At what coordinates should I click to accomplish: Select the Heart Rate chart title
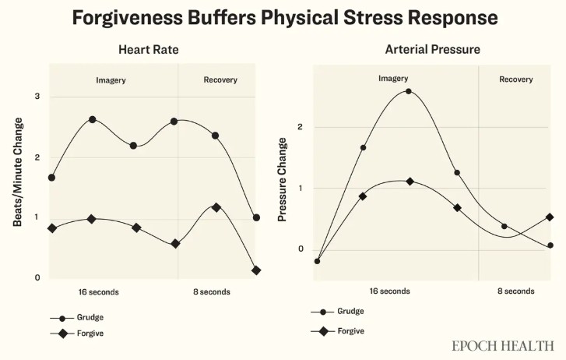coord(149,50)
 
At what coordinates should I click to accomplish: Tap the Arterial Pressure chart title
coord(432,50)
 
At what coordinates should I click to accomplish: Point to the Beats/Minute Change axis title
coord(18,171)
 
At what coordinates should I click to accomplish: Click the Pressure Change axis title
coord(283,179)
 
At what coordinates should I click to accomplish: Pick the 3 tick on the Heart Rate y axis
coord(36,97)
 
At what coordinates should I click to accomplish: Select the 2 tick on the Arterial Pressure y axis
coord(301,127)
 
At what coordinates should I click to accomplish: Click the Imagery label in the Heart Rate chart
coord(111,79)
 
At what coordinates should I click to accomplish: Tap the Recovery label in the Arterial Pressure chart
coord(515,79)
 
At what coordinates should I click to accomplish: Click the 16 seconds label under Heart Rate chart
coord(99,292)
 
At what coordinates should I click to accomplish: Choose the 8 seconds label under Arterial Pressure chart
coord(515,291)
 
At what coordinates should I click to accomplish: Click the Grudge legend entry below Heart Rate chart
coord(90,317)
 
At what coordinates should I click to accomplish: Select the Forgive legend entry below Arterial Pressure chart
coord(351,330)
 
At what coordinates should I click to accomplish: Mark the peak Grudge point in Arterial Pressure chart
coord(409,91)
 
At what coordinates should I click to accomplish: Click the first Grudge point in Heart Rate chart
coord(51,178)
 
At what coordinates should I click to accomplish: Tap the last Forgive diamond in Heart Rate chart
coord(256,270)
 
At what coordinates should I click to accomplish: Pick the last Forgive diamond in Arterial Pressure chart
coord(550,217)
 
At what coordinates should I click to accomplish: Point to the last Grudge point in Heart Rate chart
coord(256,217)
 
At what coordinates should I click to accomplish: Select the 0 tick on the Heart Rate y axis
coord(36,277)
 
